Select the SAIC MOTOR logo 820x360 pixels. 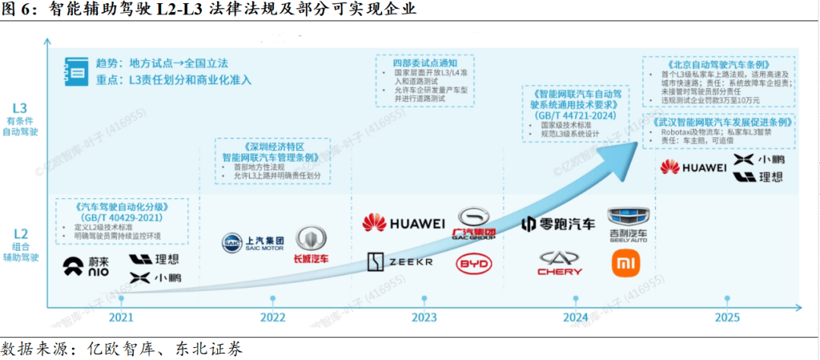(252, 242)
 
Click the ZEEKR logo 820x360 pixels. (401, 262)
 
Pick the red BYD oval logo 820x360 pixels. (475, 264)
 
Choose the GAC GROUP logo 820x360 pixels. (474, 223)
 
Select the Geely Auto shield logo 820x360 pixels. (627, 223)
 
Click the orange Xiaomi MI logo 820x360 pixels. (626, 263)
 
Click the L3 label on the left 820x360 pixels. (20, 108)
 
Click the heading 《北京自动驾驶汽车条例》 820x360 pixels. (718, 64)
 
